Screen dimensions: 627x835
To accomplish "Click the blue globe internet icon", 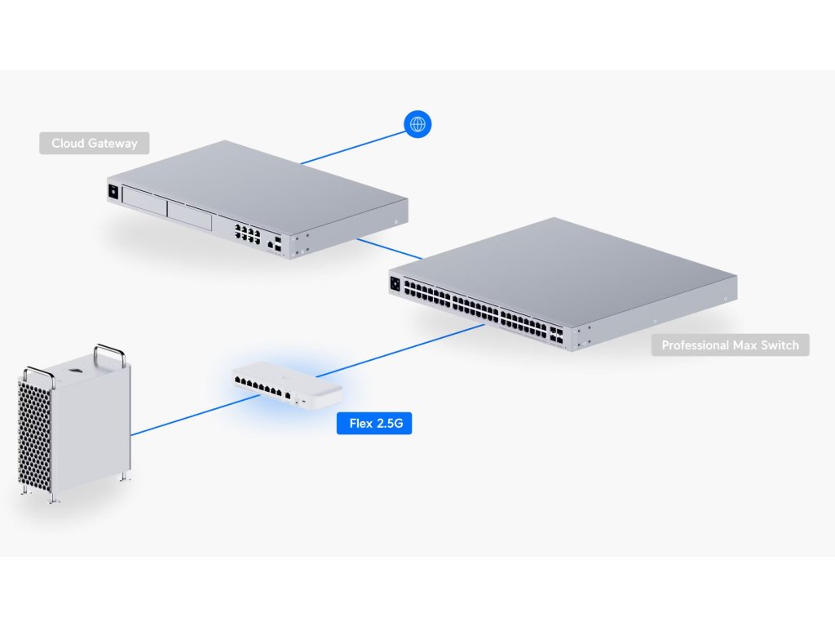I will pyautogui.click(x=417, y=124).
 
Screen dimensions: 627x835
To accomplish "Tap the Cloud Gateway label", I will pyautogui.click(x=95, y=144).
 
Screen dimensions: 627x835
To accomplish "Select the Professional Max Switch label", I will pyautogui.click(x=730, y=345).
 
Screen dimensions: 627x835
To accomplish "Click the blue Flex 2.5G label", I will pyautogui.click(x=374, y=423).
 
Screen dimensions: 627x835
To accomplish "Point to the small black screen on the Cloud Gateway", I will pyautogui.click(x=113, y=193).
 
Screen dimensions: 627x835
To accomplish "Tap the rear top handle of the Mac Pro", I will pyautogui.click(x=110, y=352).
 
